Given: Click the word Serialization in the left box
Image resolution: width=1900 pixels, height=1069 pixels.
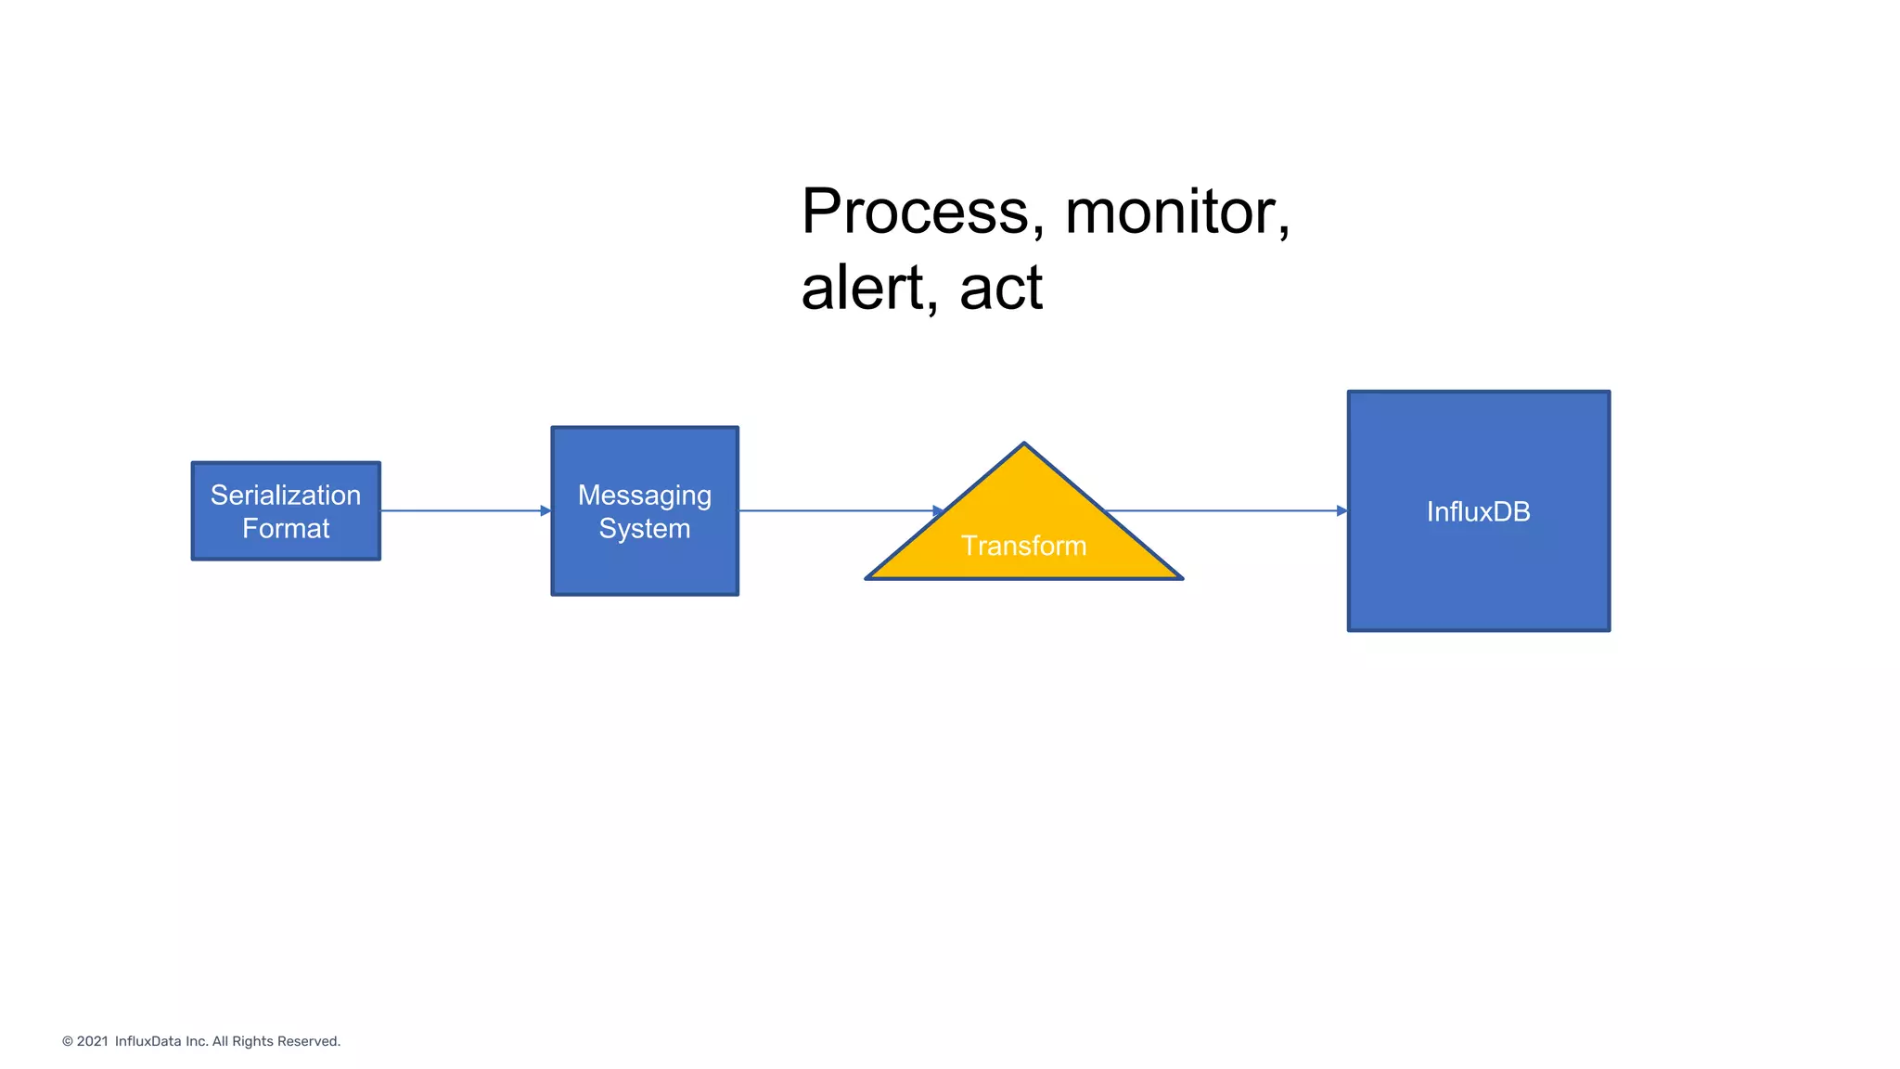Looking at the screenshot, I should (x=285, y=496).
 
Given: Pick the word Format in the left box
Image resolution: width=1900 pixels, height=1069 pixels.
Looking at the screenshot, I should (x=286, y=529).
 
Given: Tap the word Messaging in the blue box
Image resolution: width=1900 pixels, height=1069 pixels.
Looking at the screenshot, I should (x=645, y=496).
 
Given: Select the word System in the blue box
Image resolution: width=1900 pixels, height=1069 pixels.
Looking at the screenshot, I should (x=645, y=529).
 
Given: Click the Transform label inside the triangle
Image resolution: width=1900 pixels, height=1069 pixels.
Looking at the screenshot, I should (x=1023, y=546).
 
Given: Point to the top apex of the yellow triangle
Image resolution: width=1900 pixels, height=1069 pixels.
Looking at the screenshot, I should (x=1023, y=445).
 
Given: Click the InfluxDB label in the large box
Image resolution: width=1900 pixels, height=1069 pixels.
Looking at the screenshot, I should (x=1478, y=511).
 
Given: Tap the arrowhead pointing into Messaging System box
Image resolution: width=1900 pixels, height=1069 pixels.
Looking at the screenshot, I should (x=546, y=510).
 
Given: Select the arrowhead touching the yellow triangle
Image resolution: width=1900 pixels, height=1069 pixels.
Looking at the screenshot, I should (x=938, y=510).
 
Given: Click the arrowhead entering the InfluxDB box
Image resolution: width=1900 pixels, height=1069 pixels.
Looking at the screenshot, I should (x=1342, y=510).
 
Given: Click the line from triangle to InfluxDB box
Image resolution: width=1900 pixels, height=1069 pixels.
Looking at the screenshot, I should (x=1225, y=510).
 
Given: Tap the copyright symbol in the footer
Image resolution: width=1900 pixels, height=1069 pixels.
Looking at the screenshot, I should (x=68, y=1041).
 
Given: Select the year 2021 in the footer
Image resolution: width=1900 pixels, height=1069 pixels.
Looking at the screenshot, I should (x=92, y=1041).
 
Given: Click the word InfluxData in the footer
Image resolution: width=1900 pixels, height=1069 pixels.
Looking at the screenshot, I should (x=148, y=1041).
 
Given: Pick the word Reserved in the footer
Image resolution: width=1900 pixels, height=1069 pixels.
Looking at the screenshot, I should (x=314, y=1041).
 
